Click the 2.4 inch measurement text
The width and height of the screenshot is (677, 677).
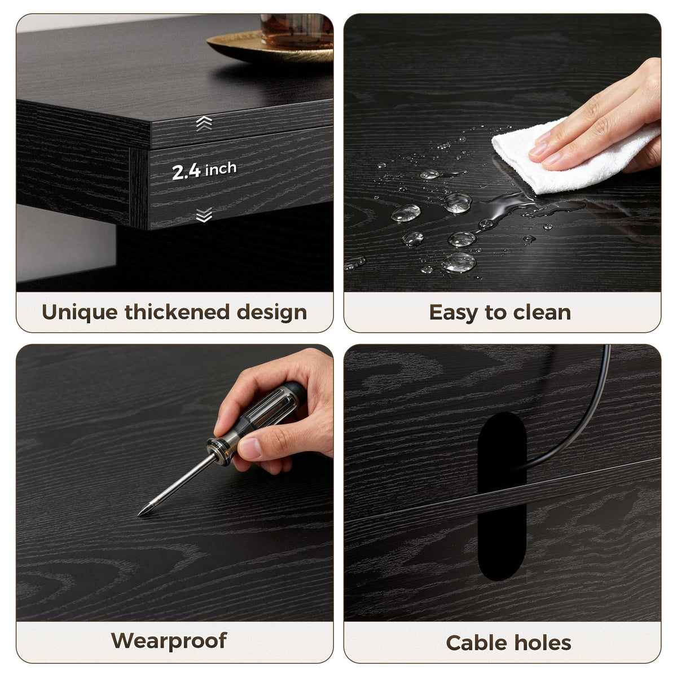tap(204, 170)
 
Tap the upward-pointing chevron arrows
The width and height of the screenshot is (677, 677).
tap(204, 123)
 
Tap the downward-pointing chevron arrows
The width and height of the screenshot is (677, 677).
tap(204, 214)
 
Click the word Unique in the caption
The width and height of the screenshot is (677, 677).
tap(80, 313)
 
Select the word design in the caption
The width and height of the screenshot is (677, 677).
tap(272, 313)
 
